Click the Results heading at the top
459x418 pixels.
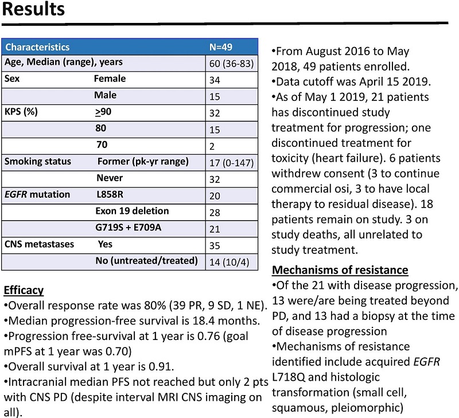33,9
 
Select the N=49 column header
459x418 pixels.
221,47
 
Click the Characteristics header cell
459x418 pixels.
37,47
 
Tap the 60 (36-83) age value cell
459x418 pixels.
232,64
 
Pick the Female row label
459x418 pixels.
110,79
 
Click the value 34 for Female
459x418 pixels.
215,80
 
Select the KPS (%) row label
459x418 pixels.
21,112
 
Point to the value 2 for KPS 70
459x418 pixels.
212,146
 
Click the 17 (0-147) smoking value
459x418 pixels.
232,163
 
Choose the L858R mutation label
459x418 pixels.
110,194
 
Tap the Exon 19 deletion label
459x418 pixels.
132,211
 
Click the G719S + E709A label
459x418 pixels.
128,227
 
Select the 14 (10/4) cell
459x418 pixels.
229,262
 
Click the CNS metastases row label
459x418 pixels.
39,244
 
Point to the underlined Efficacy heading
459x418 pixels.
24,290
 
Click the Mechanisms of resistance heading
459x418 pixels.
340,269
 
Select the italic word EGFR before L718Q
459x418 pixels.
426,362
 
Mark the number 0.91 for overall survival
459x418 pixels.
161,366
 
